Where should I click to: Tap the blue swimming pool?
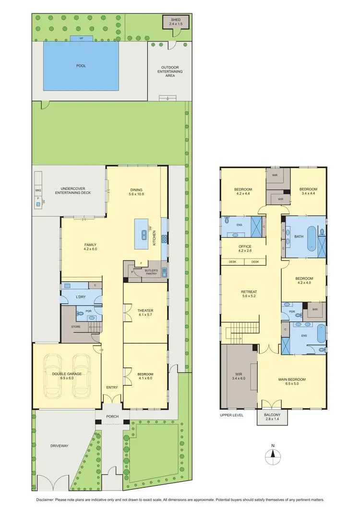81,66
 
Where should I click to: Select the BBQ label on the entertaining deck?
39,191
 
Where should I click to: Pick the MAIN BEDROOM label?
292,379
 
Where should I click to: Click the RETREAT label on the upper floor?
249,291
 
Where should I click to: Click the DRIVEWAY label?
59,446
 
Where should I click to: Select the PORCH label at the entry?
113,416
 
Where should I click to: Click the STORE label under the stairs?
76,327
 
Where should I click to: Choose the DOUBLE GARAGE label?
67,374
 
